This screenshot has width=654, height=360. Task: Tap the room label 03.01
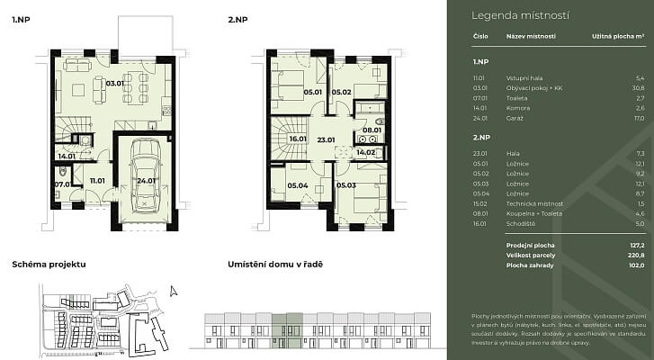click(114, 83)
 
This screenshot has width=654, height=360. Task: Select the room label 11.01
click(97, 181)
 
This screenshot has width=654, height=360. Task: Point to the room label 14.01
click(66, 157)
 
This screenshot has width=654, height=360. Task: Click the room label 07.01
click(62, 184)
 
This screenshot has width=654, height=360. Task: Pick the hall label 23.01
click(325, 139)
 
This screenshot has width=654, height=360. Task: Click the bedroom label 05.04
click(296, 185)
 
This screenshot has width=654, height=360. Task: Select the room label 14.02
click(365, 153)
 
